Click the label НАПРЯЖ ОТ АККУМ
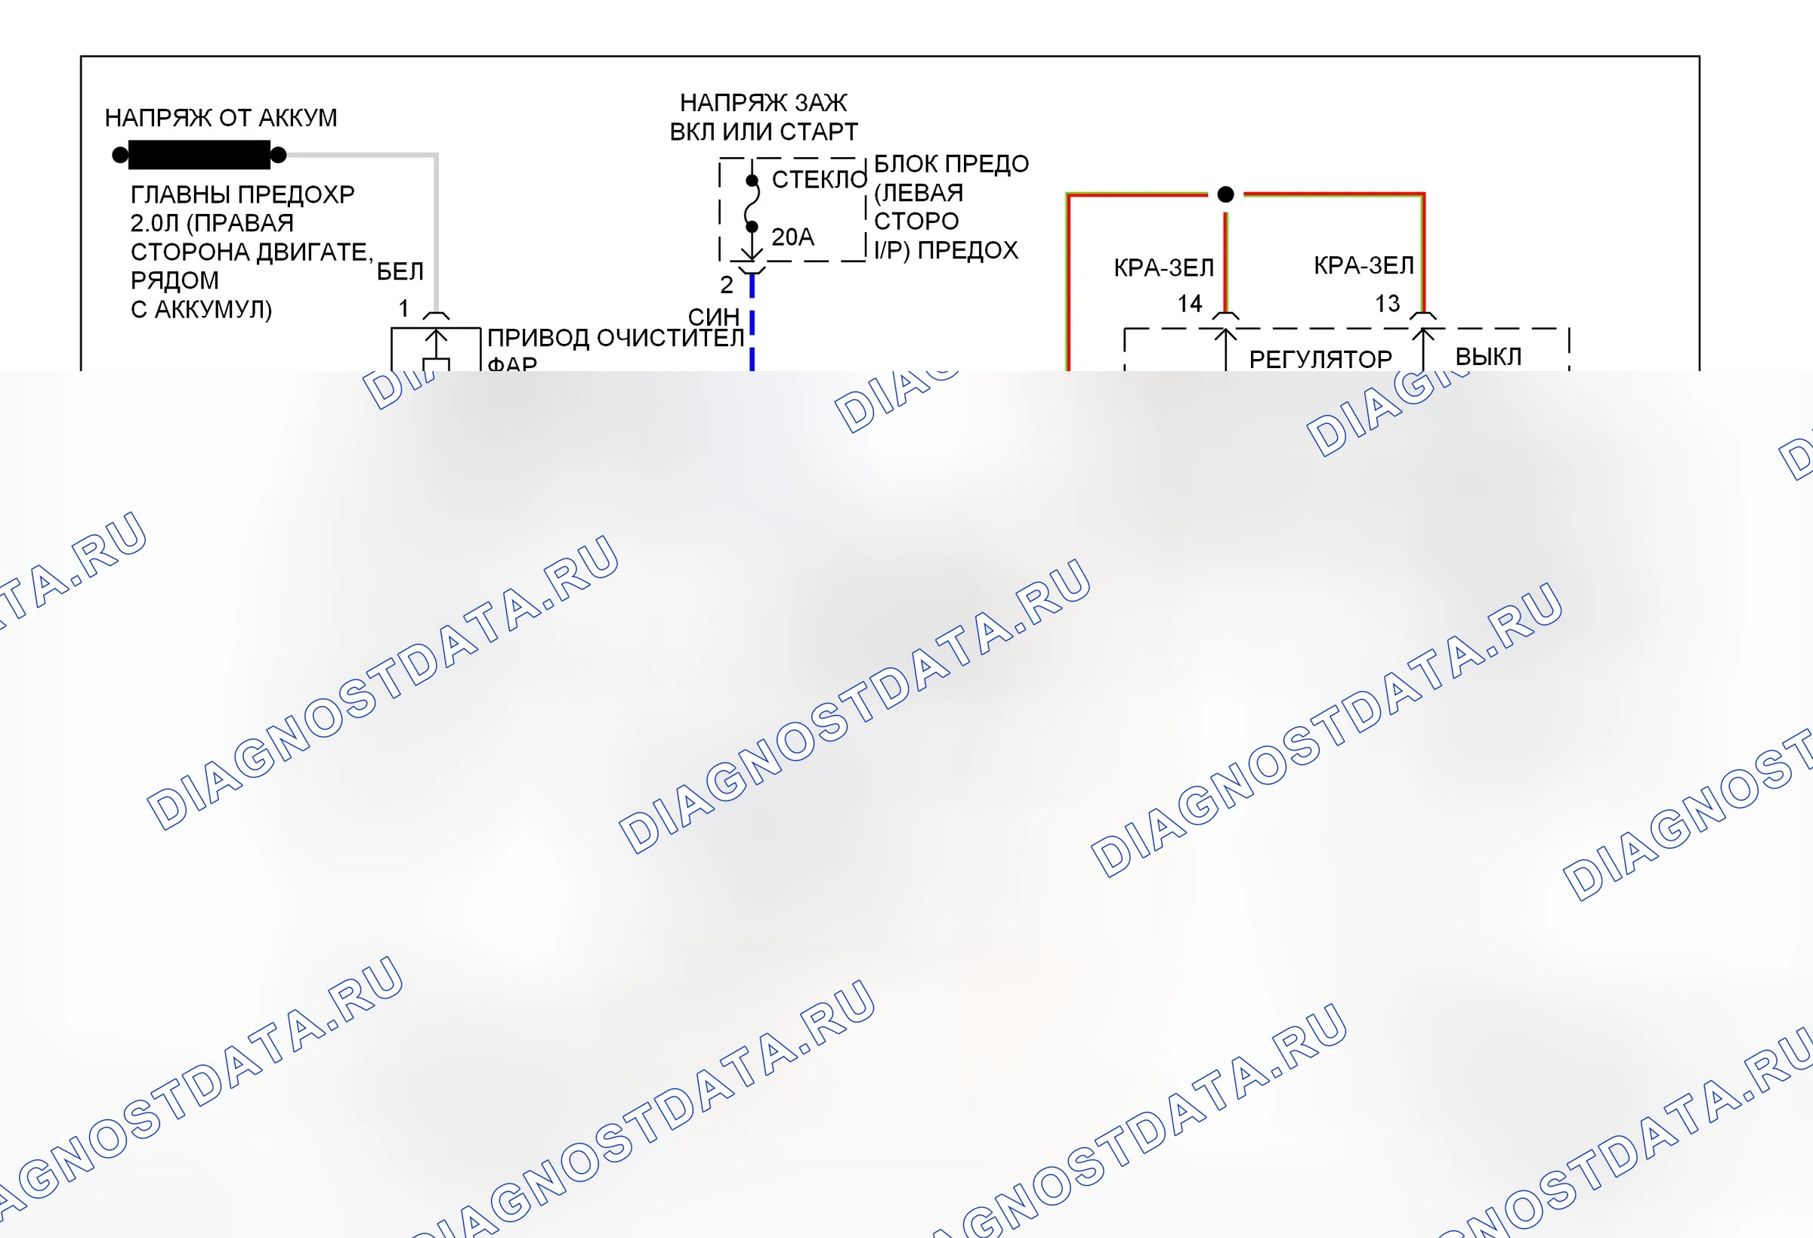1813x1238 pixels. coord(221,118)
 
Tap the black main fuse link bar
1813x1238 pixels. coord(199,154)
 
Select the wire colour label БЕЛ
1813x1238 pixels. coord(400,271)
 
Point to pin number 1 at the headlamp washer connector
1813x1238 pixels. coord(403,308)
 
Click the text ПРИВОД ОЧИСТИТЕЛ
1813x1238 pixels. coord(616,338)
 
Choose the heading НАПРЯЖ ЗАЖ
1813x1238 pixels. coord(763,103)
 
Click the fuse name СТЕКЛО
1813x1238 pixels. coord(819,180)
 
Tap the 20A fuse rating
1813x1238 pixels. coord(792,237)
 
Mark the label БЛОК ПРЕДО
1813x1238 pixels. coord(951,164)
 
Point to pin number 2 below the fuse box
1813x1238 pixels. coord(726,285)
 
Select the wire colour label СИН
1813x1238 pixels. coord(714,316)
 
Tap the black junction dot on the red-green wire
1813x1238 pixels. coord(1225,194)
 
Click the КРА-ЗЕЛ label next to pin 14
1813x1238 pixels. coord(1164,268)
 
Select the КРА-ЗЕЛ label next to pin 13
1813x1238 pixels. coord(1364,265)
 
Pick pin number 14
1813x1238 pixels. coord(1190,304)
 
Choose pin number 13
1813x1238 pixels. coord(1387,304)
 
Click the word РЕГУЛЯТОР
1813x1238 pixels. coord(1320,359)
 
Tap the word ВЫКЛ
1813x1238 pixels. coord(1488,357)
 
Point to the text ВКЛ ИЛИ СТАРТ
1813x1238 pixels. coord(764,132)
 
